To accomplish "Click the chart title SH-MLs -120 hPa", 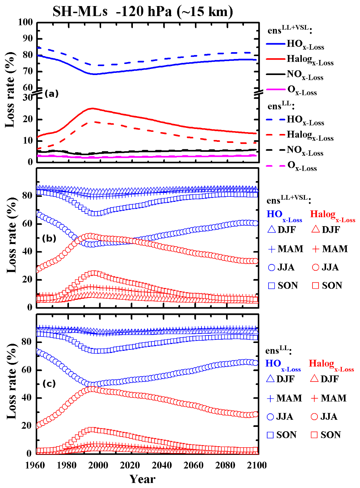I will [x=143, y=11].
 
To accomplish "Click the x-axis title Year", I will [x=142, y=479].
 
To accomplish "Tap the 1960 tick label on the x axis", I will [x=35, y=465].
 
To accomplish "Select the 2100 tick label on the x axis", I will [x=257, y=465].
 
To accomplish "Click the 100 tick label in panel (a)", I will [x=25, y=22].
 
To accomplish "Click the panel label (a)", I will [x=51, y=94].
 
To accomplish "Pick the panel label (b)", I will [x=49, y=238].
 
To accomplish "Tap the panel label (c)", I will [x=49, y=384].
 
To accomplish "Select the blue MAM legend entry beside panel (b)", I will [x=286, y=249].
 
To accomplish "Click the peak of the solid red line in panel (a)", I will [x=92, y=108].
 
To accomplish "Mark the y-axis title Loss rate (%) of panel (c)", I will [x=11, y=382].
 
